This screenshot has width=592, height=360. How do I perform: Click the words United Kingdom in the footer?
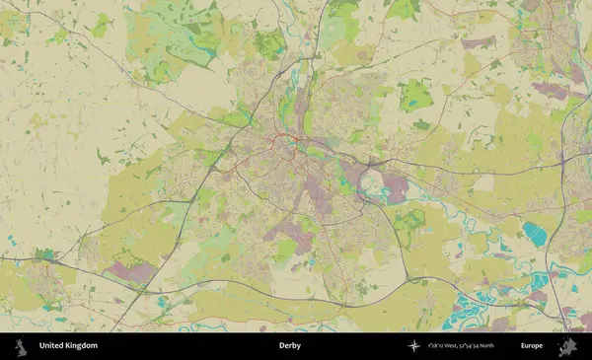[x=68, y=346]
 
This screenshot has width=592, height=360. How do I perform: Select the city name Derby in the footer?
[x=289, y=346]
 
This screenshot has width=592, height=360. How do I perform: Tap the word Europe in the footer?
[x=532, y=346]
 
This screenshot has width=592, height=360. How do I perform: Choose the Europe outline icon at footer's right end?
[x=567, y=346]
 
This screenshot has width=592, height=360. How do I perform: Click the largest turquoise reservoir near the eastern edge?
[x=535, y=234]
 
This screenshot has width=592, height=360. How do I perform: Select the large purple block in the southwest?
[x=131, y=270]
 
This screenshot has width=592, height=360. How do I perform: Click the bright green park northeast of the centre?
[x=415, y=95]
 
